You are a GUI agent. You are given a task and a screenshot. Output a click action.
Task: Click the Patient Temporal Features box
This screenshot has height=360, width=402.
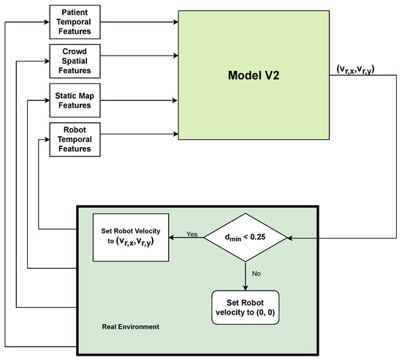point(75,22)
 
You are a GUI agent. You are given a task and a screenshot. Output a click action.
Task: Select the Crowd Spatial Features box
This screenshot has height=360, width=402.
point(75,60)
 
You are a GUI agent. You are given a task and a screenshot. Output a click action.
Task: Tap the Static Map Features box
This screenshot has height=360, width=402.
point(75,100)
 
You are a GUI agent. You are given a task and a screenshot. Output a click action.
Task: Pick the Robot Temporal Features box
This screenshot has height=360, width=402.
point(75,139)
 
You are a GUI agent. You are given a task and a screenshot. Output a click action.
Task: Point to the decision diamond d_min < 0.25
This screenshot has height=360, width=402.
point(246,237)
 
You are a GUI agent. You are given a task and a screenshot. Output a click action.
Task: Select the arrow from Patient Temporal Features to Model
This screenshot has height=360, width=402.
point(139,22)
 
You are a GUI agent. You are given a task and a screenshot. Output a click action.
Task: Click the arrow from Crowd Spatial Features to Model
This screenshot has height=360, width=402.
point(139,56)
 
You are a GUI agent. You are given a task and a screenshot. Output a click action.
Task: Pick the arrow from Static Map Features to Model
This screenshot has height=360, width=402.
point(139,95)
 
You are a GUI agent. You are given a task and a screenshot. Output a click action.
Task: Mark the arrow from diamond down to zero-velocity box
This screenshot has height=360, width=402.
point(246,275)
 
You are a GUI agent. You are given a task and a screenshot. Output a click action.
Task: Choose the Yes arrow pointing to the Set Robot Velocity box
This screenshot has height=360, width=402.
point(186,238)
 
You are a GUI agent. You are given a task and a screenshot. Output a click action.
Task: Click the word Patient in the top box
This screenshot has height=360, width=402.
point(75,12)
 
